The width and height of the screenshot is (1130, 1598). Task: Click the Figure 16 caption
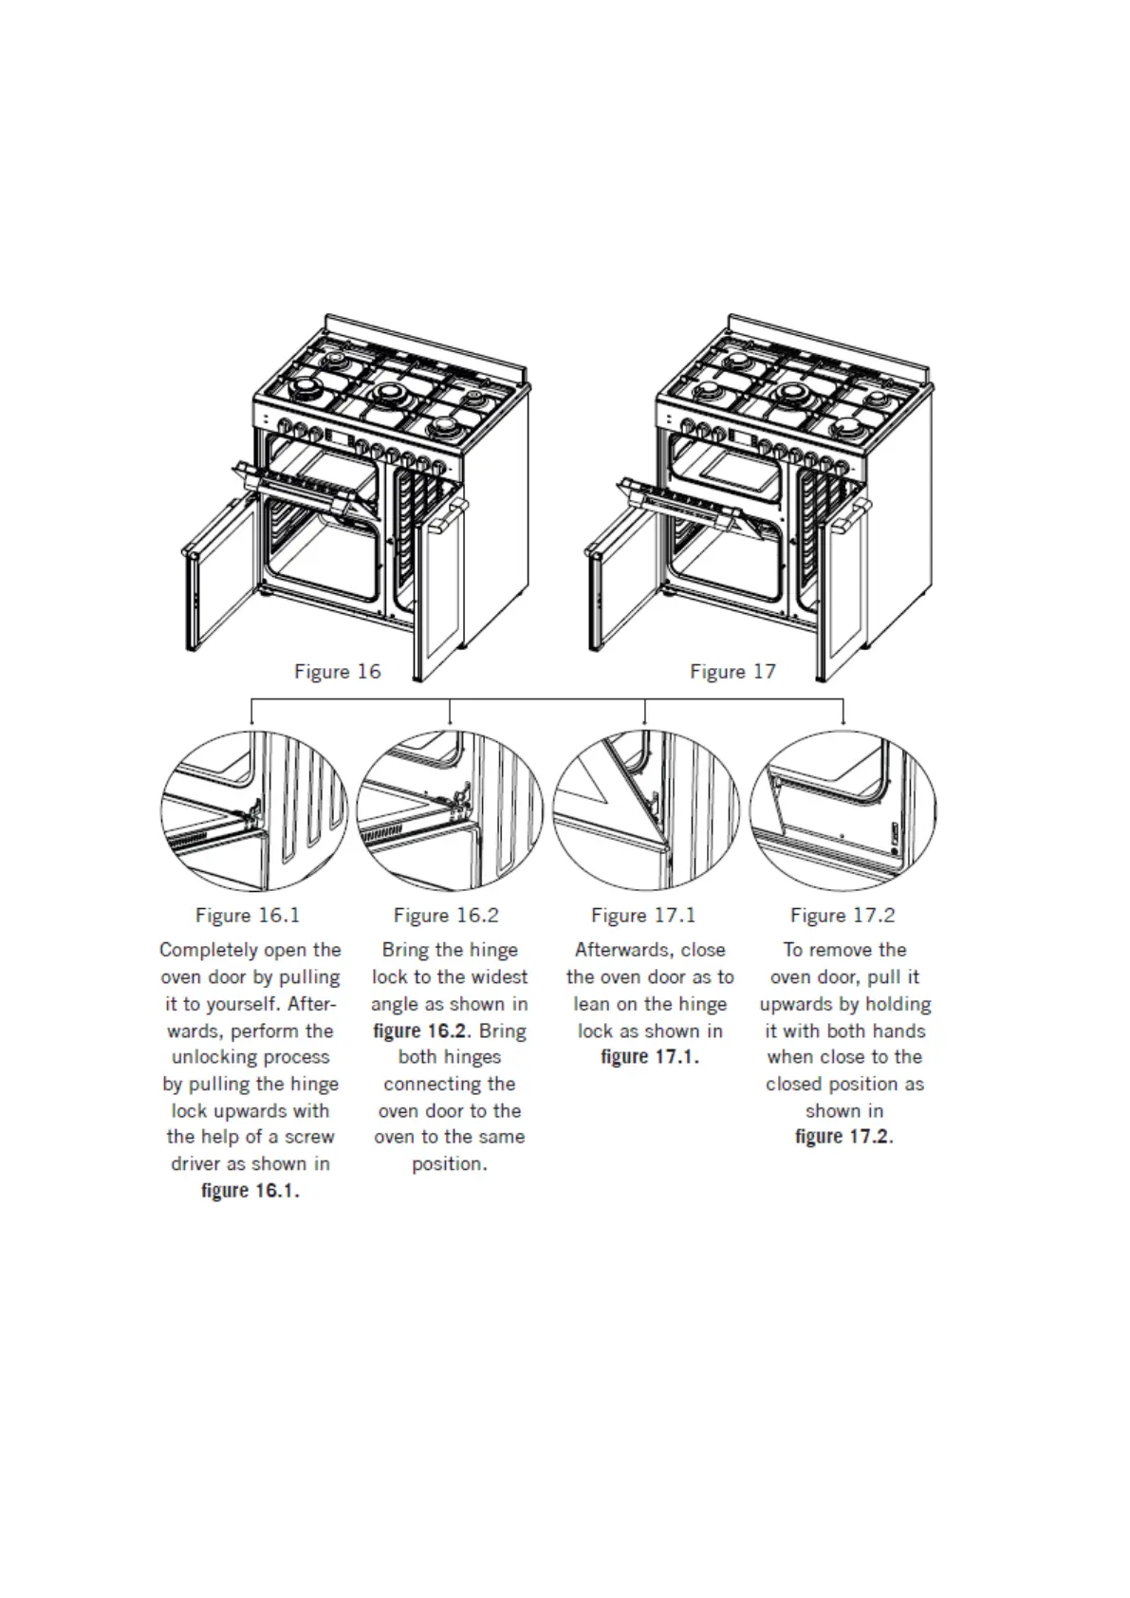tap(337, 672)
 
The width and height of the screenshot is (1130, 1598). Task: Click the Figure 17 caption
tap(732, 672)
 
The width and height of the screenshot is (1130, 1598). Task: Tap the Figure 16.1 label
tap(248, 916)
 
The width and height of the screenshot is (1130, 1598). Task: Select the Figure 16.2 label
tap(446, 916)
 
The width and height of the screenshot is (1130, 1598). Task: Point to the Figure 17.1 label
tap(643, 916)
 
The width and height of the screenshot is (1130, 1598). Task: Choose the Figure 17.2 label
tap(843, 916)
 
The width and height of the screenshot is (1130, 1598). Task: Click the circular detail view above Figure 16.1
tap(250, 810)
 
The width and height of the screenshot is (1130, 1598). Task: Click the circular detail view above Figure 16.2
tap(449, 810)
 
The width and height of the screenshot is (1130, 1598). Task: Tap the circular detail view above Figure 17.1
tap(645, 810)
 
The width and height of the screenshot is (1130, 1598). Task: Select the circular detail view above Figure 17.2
tap(843, 810)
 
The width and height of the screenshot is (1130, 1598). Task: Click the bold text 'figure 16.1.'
tap(250, 1191)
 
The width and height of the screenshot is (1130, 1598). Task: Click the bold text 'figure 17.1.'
tap(650, 1057)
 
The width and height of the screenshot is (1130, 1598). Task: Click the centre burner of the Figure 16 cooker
tap(389, 394)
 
